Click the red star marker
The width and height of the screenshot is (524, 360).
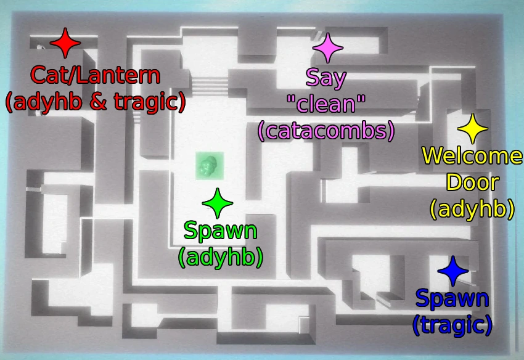tap(65, 44)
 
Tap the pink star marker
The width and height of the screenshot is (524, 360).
tap(327, 48)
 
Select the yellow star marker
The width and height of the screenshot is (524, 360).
tap(473, 129)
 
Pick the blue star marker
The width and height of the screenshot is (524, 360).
tap(452, 271)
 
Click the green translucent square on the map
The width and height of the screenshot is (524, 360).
tap(209, 166)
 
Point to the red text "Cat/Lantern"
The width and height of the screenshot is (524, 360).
tap(96, 76)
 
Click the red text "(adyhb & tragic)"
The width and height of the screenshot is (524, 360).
tap(96, 102)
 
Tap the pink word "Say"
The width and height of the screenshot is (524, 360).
tap(326, 78)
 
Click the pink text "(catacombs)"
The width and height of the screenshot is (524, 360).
tap(326, 130)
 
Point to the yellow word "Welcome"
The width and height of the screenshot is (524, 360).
tap(472, 157)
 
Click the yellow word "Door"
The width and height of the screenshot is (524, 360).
tap(472, 182)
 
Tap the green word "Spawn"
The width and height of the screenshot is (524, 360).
tap(220, 232)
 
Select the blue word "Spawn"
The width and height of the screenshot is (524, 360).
tap(452, 300)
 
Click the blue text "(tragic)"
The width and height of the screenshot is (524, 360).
tap(452, 324)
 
